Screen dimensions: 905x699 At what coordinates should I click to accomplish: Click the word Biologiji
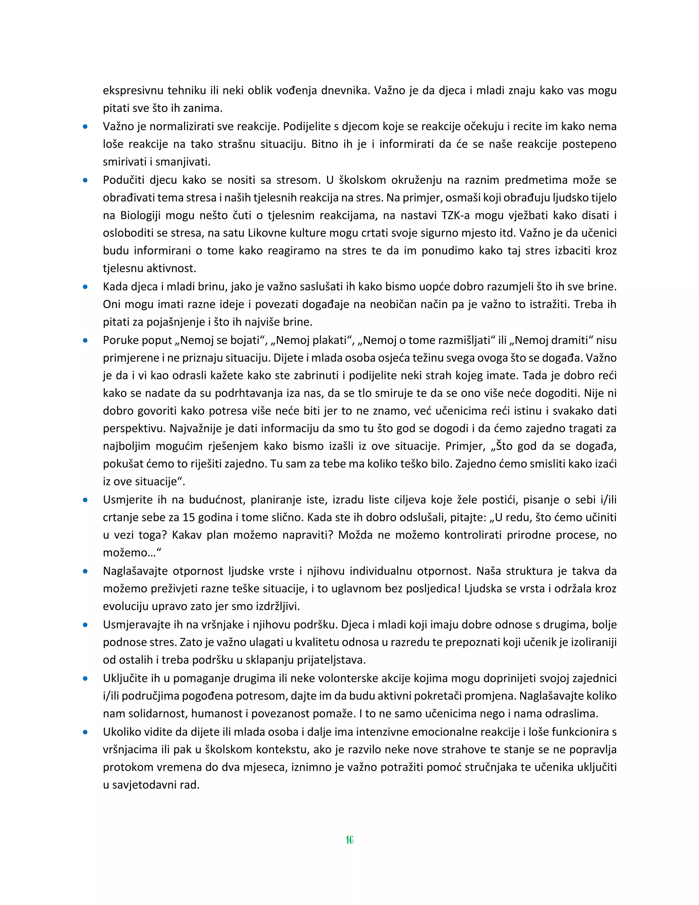(x=140, y=215)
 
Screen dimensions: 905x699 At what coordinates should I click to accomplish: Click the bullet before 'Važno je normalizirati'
(x=85, y=126)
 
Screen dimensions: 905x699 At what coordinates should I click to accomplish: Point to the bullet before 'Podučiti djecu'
(x=85, y=180)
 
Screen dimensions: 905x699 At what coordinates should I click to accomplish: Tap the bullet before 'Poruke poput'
(x=85, y=340)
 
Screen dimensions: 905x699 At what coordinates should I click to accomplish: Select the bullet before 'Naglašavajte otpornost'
(x=85, y=571)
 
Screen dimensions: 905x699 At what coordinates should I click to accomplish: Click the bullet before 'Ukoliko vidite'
(x=85, y=732)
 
